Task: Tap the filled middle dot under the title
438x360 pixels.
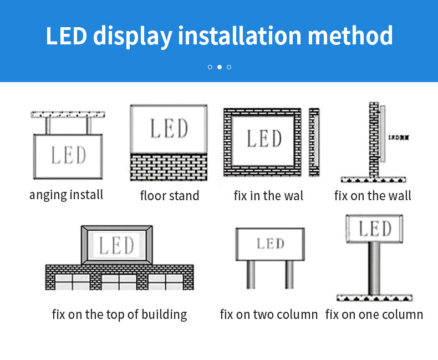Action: (220, 67)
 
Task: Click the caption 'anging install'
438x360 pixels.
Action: (66, 195)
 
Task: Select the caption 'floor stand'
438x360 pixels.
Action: (169, 195)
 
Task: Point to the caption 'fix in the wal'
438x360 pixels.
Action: (268, 195)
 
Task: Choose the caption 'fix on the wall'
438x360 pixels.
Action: (373, 195)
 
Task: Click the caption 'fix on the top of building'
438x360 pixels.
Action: (119, 315)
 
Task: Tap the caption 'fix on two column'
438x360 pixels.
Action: (268, 315)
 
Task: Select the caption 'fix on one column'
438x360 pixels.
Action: (374, 315)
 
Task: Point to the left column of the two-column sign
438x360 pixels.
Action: (251, 274)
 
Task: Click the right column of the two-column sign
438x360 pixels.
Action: (289, 274)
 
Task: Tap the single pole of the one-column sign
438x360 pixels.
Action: (375, 269)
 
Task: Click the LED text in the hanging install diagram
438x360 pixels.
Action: (68, 155)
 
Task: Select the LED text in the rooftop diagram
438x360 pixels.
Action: (116, 245)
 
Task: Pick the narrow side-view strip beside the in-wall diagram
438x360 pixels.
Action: (314, 142)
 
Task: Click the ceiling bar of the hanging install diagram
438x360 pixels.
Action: (68, 115)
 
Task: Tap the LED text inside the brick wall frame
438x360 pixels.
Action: (264, 139)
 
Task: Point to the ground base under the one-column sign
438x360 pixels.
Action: (374, 298)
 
